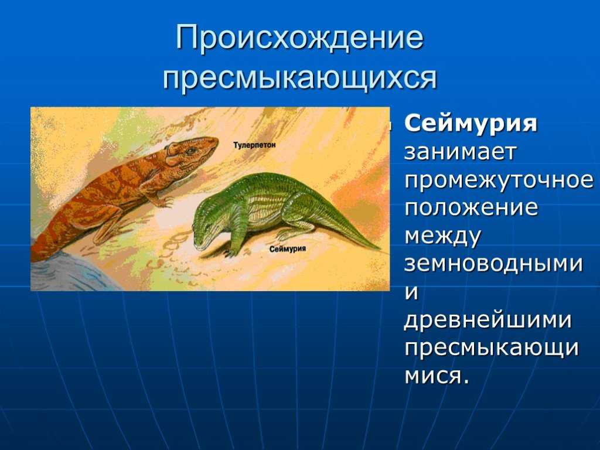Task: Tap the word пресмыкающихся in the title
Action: [x=299, y=78]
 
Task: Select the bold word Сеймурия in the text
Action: [x=471, y=124]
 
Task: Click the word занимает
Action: [x=461, y=152]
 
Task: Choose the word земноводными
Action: [x=493, y=264]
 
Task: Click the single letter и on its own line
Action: [x=412, y=293]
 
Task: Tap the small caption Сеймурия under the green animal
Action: [x=288, y=249]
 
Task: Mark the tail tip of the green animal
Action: [x=383, y=250]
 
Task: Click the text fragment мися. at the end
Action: [x=436, y=377]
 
